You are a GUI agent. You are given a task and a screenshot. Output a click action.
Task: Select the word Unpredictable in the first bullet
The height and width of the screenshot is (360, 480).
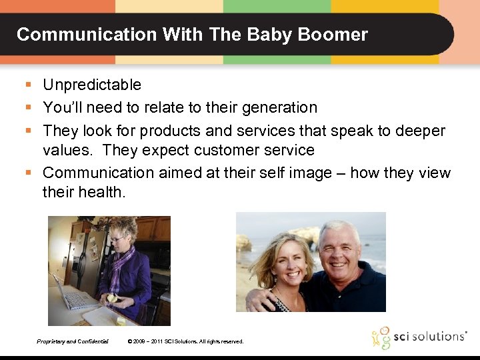pos(92,85)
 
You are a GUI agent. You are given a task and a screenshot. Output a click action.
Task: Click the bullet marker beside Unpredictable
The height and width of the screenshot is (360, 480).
pos(28,85)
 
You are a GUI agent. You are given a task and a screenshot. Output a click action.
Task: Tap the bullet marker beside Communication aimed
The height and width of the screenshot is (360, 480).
pos(28,173)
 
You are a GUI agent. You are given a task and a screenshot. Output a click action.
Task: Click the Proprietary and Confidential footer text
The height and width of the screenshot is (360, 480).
pos(73,341)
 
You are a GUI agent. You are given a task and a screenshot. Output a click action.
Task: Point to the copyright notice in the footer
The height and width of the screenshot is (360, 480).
pos(185,341)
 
